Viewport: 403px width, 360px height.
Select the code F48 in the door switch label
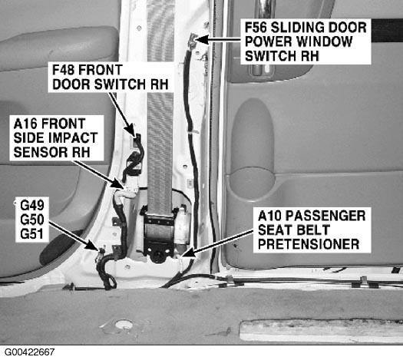point(63,70)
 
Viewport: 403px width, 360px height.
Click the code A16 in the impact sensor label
point(24,124)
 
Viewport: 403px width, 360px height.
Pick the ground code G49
point(32,205)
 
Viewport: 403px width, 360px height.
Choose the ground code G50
point(32,220)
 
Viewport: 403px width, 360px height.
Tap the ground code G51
point(31,234)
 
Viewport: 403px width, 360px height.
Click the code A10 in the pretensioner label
point(269,216)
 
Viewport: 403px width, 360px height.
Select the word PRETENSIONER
point(309,244)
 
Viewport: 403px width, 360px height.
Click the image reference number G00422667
point(30,352)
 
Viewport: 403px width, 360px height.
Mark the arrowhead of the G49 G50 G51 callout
point(93,245)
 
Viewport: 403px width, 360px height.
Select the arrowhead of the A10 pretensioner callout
point(188,253)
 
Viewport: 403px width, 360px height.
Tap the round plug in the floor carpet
point(124,325)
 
